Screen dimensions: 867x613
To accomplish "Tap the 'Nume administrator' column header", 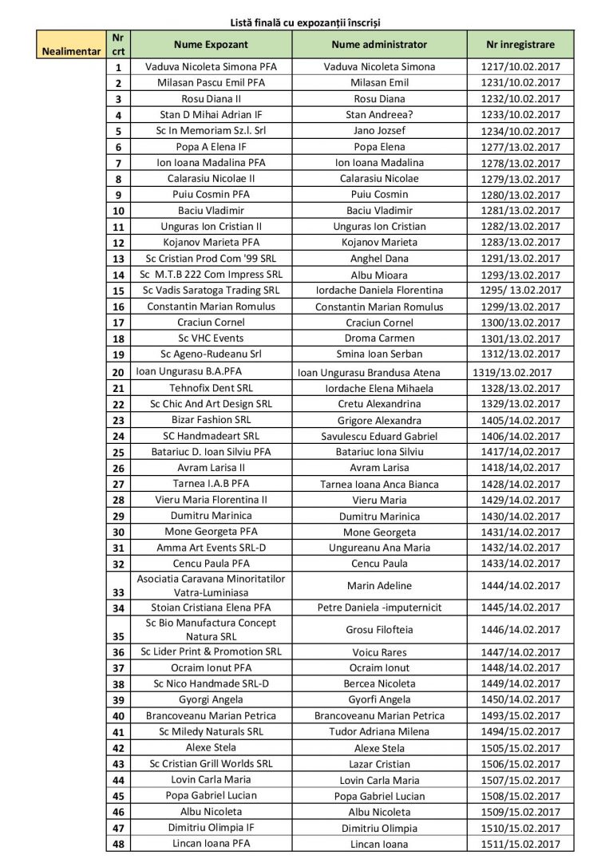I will (379, 45).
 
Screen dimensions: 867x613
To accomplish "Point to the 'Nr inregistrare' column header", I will (520, 45).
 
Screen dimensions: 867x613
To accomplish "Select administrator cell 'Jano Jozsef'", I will (379, 131).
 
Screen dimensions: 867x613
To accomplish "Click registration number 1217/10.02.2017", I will (520, 67).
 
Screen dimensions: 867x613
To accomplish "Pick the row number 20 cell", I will (118, 372).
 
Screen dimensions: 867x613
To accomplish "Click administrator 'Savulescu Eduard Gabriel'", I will (379, 436).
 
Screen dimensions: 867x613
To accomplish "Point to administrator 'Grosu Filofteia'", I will (379, 629).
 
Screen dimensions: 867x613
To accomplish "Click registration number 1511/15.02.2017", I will (520, 844).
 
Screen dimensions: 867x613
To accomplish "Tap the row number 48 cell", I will (118, 844).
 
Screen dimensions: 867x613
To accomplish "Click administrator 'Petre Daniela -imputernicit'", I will (379, 608).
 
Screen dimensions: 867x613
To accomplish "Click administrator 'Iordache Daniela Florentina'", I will (379, 291).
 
